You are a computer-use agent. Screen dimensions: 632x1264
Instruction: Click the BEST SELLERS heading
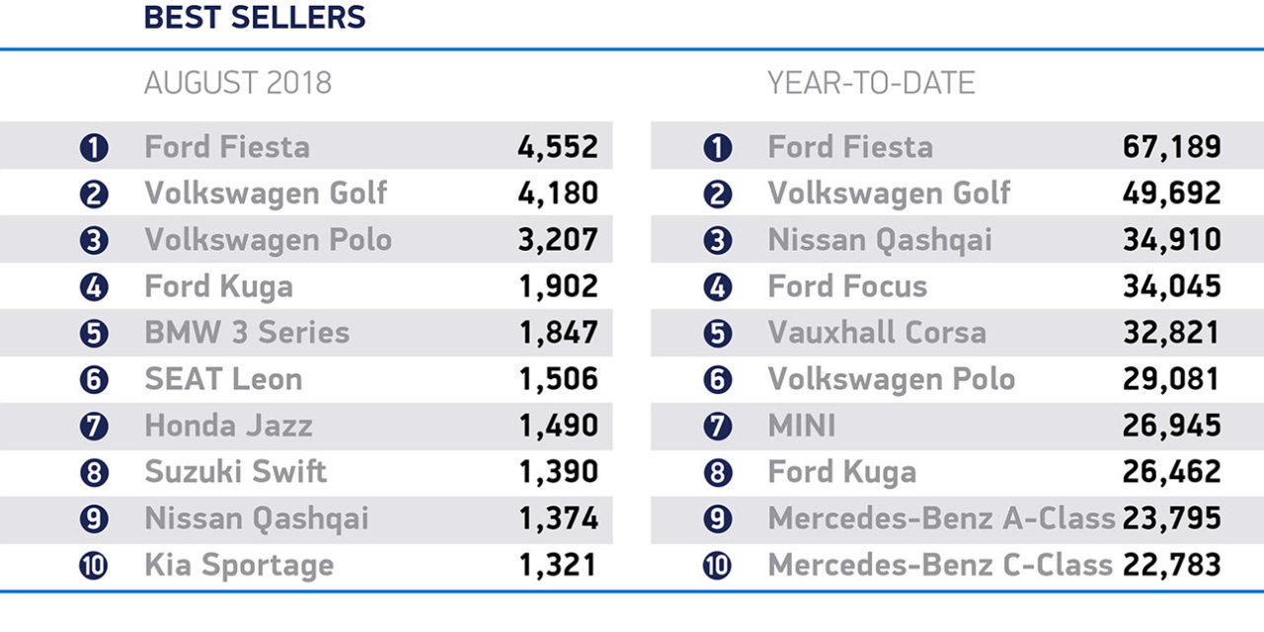255,17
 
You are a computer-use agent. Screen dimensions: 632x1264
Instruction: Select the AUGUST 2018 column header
238,83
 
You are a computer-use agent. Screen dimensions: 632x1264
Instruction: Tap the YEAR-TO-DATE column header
871,83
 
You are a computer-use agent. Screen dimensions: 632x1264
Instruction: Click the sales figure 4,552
558,147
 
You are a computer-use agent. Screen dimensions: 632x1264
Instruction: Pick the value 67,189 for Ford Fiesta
1171,147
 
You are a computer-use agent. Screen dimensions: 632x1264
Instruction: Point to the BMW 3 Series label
247,333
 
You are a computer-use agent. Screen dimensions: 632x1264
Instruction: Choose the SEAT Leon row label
223,379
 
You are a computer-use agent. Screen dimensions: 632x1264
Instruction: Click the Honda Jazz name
228,426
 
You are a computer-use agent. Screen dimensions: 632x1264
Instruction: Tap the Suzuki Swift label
235,472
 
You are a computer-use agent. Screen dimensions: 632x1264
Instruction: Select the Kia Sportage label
239,566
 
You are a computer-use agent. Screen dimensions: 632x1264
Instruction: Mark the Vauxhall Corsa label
877,333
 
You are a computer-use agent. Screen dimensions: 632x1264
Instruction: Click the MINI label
801,426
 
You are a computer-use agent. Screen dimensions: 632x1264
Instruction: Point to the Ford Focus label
847,286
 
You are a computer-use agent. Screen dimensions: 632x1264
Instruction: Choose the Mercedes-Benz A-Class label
941,518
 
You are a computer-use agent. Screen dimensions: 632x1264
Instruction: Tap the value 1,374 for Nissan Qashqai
558,518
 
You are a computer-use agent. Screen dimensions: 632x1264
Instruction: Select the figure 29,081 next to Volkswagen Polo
1171,379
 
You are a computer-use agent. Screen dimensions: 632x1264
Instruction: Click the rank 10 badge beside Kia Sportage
93,567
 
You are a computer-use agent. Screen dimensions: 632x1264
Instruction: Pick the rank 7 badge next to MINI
718,427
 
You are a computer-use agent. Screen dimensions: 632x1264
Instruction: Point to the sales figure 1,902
558,286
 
